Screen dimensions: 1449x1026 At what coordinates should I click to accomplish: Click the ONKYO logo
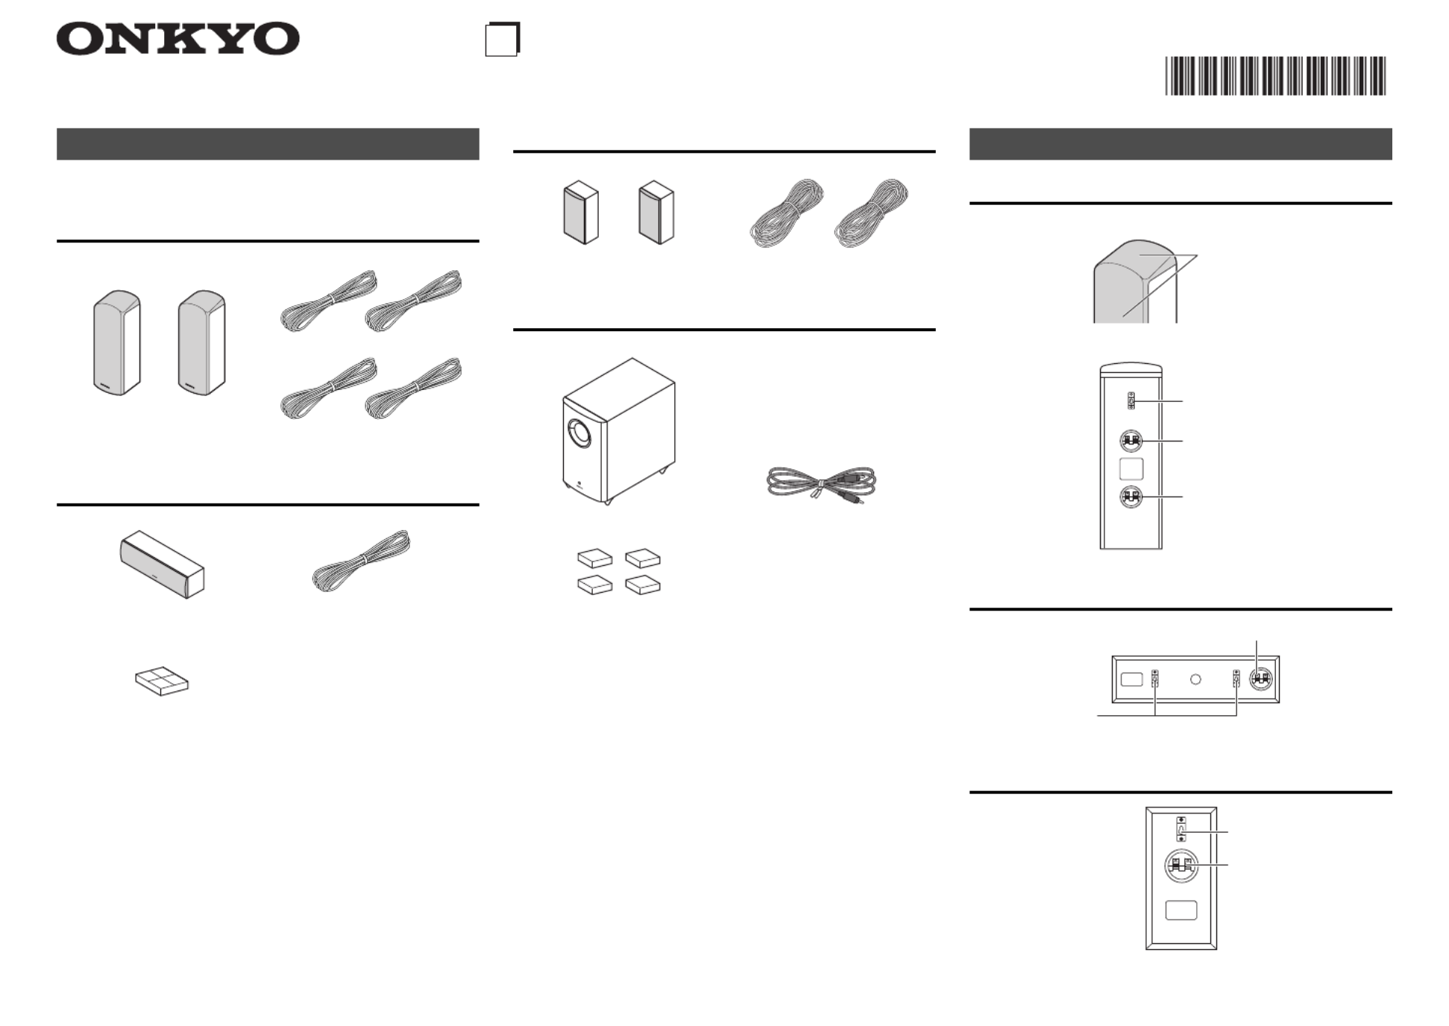pos(177,39)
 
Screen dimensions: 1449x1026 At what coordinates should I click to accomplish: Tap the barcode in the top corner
pos(1275,75)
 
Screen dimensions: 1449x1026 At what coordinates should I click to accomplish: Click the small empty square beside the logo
pos(502,40)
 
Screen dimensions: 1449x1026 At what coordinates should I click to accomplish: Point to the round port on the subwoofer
pos(579,433)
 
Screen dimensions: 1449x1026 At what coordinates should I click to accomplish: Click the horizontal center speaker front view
pos(163,564)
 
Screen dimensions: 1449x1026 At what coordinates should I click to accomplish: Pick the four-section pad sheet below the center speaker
pos(162,682)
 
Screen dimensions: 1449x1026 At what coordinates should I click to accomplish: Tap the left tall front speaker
pos(117,342)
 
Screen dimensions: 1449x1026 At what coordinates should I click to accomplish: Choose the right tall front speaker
pos(201,342)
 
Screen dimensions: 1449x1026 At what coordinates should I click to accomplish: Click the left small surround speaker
pos(581,212)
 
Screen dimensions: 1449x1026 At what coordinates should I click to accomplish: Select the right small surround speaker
pos(656,212)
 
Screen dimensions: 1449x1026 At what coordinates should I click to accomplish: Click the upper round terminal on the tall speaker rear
pos(1131,441)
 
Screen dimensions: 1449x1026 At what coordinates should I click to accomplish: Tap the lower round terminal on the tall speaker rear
pos(1131,497)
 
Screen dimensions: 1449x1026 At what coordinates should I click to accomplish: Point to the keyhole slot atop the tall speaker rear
pos(1131,400)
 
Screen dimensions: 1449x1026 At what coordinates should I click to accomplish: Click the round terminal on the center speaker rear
pos(1260,679)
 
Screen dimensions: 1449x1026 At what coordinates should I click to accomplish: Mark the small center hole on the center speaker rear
pos(1195,679)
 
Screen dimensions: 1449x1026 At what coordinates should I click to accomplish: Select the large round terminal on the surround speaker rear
pos(1181,866)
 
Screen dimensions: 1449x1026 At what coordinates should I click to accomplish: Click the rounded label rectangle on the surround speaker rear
pos(1181,910)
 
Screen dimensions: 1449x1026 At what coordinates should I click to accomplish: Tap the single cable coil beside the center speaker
pos(362,561)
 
